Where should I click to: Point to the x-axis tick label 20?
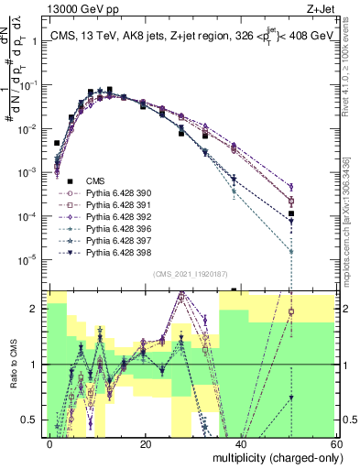pyautogui.click(x=145, y=442)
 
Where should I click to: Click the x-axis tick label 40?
pyautogui.click(x=239, y=442)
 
